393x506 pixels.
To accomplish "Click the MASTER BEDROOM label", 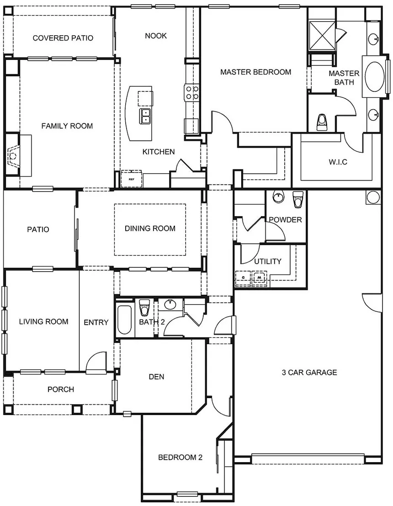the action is [255, 72].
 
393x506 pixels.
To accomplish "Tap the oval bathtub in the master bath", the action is [374, 76].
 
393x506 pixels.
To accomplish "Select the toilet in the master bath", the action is [322, 123].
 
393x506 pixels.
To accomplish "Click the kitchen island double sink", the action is [145, 116].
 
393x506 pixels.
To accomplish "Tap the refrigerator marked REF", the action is [131, 179].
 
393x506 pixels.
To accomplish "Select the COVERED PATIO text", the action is [63, 38].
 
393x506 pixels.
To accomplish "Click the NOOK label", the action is [156, 36].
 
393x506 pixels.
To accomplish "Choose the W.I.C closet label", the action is [338, 162].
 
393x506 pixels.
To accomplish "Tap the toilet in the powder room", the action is [298, 199].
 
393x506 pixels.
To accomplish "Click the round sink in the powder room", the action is [278, 197].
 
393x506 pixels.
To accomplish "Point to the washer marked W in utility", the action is [259, 277].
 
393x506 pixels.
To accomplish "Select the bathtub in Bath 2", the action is [124, 320].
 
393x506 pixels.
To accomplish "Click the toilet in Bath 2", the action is [144, 308].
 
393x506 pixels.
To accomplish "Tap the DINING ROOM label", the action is [150, 229].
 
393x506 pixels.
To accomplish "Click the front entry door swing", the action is [96, 362].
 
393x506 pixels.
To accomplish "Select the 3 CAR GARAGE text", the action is [309, 373].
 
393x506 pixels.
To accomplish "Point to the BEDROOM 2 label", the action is [181, 457].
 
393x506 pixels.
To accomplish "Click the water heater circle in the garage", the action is [373, 197].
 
